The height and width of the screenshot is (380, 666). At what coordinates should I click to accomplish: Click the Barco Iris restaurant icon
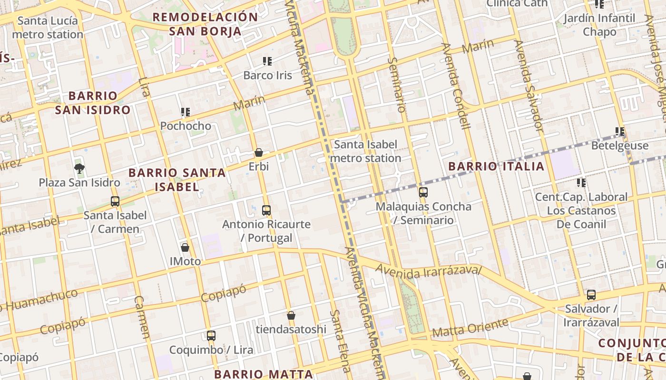pos(267,61)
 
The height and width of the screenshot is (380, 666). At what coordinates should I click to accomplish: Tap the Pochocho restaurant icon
pos(186,112)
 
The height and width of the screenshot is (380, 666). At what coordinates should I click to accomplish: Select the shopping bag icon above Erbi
pos(259,152)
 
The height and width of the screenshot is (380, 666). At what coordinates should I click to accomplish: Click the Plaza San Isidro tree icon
pos(79,168)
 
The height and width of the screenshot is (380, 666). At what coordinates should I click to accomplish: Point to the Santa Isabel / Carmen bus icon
pos(115,201)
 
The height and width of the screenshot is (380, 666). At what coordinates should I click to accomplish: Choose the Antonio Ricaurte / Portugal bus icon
pos(266,210)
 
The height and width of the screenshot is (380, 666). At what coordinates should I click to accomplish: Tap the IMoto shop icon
pos(185,247)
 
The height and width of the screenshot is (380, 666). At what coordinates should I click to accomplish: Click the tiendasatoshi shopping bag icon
pos(291,315)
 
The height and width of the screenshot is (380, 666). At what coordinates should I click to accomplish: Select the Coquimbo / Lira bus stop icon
pos(211,336)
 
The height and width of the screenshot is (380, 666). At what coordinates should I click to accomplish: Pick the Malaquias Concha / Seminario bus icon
pos(423,192)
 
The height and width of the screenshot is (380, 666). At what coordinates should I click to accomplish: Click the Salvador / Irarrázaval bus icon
pos(591,294)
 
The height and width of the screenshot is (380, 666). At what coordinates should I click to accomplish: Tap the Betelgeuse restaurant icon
pos(619,131)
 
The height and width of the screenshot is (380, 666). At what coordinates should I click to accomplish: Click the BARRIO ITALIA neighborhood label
pos(496,166)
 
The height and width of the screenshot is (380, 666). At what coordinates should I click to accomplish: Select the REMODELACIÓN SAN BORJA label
pos(205,25)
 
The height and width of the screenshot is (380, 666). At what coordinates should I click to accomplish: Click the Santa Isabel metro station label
pos(365,151)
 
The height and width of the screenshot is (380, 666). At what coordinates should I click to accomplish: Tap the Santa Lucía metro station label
pos(48,28)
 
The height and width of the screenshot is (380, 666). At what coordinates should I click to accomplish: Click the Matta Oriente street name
pos(470,328)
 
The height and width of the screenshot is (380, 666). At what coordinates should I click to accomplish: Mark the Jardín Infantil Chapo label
pos(599,25)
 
